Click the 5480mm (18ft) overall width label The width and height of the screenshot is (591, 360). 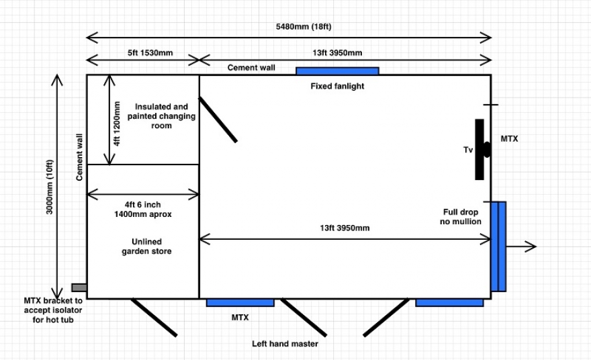[x=304, y=27]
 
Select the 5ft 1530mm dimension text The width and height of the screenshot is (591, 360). [x=150, y=53]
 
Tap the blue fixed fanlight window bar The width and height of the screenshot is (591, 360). [x=337, y=71]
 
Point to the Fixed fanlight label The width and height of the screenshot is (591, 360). [x=337, y=86]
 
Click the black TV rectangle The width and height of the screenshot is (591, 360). [x=480, y=149]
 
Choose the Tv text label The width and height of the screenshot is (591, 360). [x=468, y=150]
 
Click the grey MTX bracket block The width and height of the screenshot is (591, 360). [x=79, y=287]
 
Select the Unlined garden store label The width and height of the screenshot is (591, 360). [x=146, y=246]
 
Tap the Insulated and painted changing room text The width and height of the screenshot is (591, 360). [x=161, y=116]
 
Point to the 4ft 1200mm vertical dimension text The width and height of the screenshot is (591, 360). [x=117, y=124]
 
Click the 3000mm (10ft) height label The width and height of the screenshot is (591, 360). [x=50, y=187]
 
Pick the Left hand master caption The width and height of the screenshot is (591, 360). [x=285, y=344]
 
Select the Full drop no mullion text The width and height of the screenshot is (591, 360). [x=461, y=217]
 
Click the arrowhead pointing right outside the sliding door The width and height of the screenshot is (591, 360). [x=531, y=246]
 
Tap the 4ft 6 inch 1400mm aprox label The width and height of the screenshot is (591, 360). [x=143, y=209]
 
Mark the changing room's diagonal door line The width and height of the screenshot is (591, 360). [x=218, y=120]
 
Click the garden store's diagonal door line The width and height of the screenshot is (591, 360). [x=154, y=317]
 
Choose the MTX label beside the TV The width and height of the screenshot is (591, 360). [x=509, y=139]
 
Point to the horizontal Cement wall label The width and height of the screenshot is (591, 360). [x=251, y=68]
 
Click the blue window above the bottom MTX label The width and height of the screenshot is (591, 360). [x=240, y=303]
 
